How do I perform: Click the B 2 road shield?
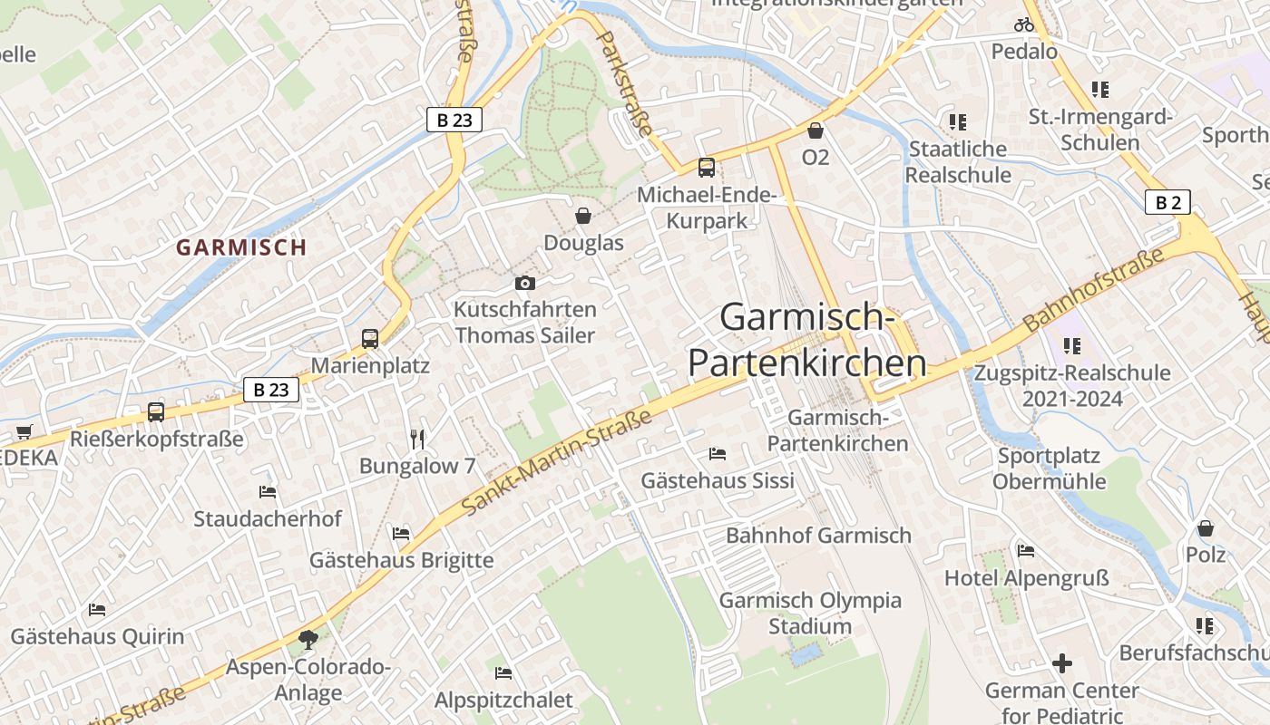(x=1167, y=202)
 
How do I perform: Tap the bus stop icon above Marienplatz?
(x=369, y=339)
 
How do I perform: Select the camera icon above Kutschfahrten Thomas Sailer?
(x=524, y=284)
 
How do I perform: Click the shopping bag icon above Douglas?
(x=583, y=216)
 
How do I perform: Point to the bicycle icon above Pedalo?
(x=1024, y=24)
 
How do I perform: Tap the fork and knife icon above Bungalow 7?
(x=417, y=440)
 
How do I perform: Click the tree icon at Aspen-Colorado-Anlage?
(x=308, y=640)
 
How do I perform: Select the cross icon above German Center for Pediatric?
(x=1062, y=663)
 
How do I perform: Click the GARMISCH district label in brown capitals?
(x=241, y=247)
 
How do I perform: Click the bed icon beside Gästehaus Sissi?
(x=717, y=453)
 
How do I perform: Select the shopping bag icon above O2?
(x=816, y=130)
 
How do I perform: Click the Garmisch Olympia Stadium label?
(x=810, y=614)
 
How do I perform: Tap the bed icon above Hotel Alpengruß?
(x=1026, y=550)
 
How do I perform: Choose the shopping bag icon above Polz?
(x=1206, y=527)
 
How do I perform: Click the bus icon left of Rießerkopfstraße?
(x=156, y=412)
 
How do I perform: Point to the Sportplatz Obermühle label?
(x=1049, y=469)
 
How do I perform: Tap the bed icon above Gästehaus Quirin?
(x=97, y=610)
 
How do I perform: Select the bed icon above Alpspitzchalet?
(x=503, y=672)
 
